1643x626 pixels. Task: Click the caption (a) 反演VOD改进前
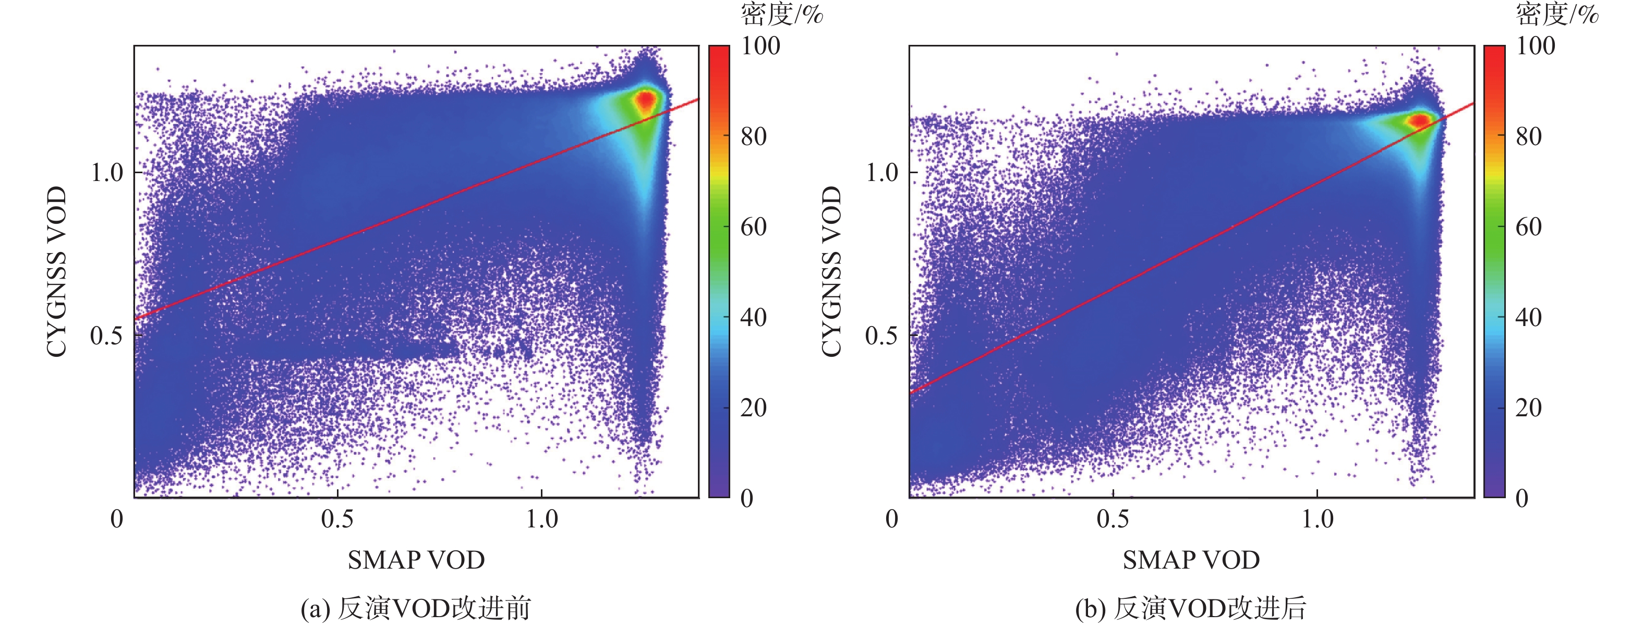pos(415,608)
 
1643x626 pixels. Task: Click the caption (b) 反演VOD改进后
pos(1190,608)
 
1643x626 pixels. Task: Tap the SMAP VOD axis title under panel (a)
pos(416,560)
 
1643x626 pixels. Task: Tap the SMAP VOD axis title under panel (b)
pos(1191,560)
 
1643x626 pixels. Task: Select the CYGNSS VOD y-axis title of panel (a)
pos(57,271)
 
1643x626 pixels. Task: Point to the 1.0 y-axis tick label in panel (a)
pos(106,173)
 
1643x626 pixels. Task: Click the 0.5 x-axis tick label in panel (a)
pos(337,519)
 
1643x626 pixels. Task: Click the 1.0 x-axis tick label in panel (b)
pos(1317,519)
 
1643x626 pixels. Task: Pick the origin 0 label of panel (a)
pos(117,519)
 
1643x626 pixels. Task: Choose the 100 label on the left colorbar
pos(760,46)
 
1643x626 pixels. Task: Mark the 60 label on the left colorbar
pos(753,227)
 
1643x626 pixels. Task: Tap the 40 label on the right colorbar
pos(1528,318)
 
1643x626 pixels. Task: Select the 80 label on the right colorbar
pos(1528,137)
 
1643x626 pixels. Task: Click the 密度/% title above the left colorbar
pos(781,14)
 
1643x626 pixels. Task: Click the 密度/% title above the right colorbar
pos(1557,14)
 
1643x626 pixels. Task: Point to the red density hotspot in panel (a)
pos(646,100)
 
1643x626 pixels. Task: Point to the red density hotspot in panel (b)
pos(1420,120)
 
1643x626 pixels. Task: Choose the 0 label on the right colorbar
pos(1522,498)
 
